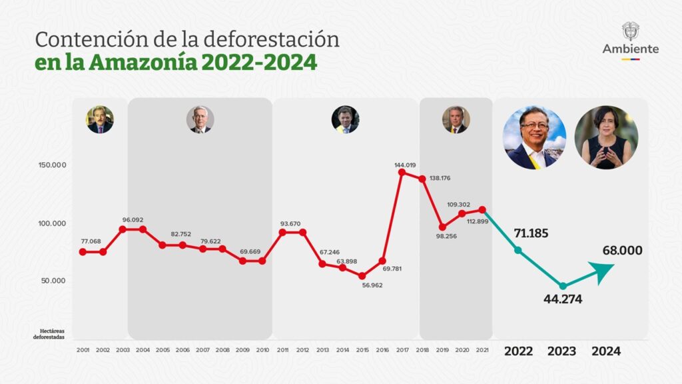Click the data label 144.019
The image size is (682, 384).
(x=405, y=165)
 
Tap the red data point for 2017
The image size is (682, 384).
(x=402, y=173)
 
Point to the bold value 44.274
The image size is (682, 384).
(x=562, y=299)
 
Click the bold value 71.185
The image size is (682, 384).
(x=533, y=233)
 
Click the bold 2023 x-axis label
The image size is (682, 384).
(x=562, y=351)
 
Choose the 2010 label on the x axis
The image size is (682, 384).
(x=262, y=350)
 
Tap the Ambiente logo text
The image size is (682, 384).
(x=631, y=49)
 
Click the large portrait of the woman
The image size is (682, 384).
(x=606, y=137)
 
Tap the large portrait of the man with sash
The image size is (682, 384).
(x=534, y=137)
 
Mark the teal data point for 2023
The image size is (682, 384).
(x=563, y=286)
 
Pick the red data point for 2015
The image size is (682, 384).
(x=362, y=276)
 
